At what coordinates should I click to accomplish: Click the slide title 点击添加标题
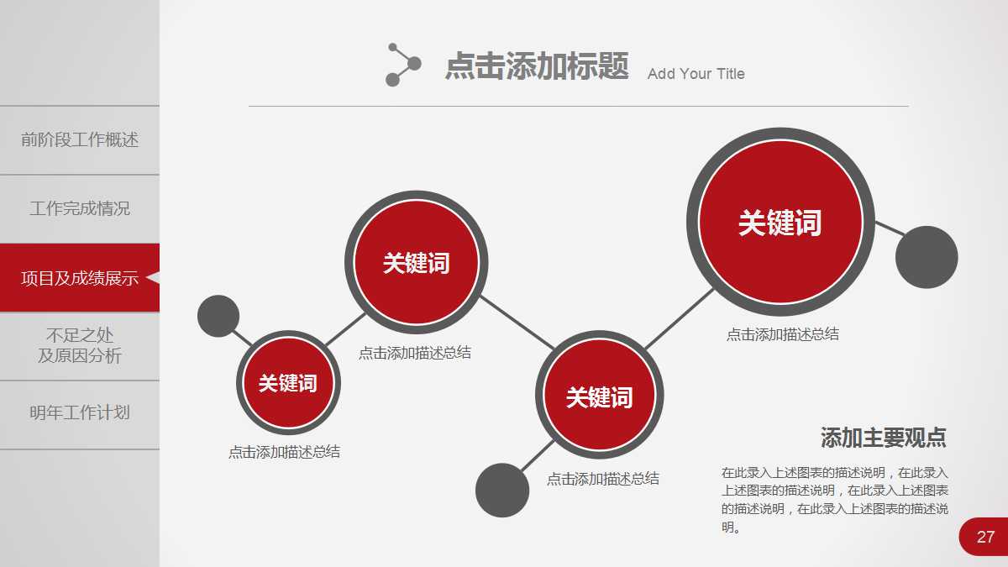tap(537, 66)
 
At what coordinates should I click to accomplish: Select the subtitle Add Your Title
tap(696, 74)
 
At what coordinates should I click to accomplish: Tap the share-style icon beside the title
tap(403, 65)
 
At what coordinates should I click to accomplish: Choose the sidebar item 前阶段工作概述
tap(80, 139)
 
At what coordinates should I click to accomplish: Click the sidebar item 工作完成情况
tap(80, 208)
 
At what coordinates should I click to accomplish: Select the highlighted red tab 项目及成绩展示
tap(80, 278)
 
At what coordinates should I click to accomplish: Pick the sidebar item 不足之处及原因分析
tap(80, 345)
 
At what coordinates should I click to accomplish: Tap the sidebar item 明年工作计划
tap(80, 412)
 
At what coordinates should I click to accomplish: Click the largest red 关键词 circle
tap(780, 222)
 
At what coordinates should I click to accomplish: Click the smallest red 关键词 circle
tap(288, 382)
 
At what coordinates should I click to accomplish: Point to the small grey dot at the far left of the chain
tap(218, 316)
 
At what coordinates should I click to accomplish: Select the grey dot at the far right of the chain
tap(927, 257)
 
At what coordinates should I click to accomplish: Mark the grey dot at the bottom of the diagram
tap(502, 490)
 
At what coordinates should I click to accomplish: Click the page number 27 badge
tap(984, 537)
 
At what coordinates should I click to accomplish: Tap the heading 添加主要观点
tap(884, 438)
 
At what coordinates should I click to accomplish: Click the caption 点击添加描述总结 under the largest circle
tap(783, 334)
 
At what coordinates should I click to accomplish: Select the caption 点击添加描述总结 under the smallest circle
tap(284, 452)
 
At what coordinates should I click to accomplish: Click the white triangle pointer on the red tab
tap(153, 278)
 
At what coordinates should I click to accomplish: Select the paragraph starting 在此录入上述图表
tap(835, 500)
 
